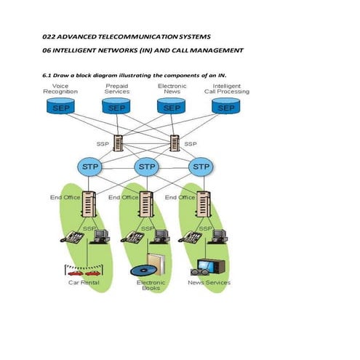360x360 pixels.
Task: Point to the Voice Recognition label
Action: click(60, 89)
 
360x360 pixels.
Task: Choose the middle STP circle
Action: click(146, 167)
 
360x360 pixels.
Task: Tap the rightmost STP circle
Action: click(201, 167)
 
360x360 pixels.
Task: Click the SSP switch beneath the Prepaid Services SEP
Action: click(116, 143)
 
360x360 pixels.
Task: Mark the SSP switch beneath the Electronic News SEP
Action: click(175, 143)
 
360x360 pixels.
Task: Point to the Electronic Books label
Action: click(151, 285)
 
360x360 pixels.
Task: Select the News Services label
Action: click(209, 282)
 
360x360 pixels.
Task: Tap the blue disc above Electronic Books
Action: click(140, 271)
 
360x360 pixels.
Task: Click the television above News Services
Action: click(212, 267)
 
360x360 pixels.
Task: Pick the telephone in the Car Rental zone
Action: click(75, 237)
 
